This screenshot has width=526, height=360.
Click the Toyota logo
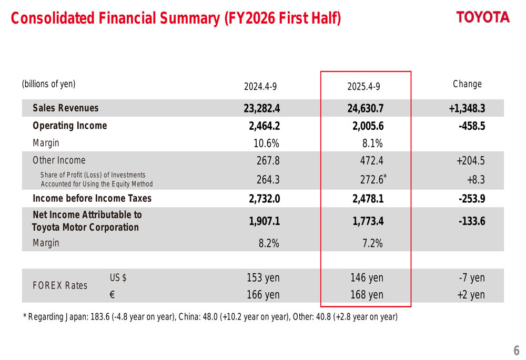coord(483,17)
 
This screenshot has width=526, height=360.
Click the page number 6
coord(516,350)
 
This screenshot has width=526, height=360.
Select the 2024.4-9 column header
coord(260,86)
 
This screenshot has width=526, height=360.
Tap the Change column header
coord(467,84)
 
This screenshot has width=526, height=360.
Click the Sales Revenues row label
coord(65,108)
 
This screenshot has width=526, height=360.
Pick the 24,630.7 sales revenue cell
coord(365,109)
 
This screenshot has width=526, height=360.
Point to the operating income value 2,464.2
coord(264,126)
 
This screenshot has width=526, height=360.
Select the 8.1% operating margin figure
coord(371,143)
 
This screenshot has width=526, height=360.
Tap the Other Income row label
coord(59,160)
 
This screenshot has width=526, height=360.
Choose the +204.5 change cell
coord(470,161)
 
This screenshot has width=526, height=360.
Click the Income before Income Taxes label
coord(92,198)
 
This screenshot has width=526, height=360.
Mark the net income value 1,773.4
coord(368,222)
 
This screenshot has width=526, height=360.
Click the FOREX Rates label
coord(60,285)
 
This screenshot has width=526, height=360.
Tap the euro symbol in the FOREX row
coord(112,295)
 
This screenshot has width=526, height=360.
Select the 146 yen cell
coord(367,278)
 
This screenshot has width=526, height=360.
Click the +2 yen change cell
coord(470,295)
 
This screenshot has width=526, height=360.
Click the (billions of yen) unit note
coord(48,84)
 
